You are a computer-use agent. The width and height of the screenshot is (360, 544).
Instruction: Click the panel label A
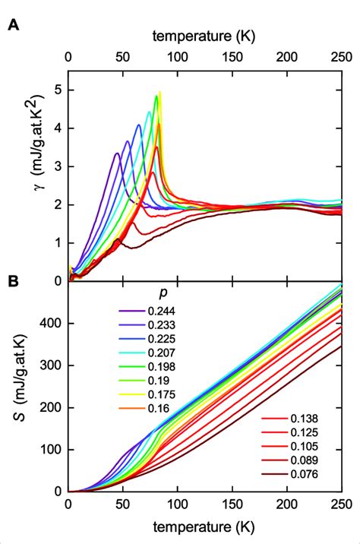[14, 24]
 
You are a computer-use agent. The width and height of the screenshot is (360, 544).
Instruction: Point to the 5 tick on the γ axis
[58, 90]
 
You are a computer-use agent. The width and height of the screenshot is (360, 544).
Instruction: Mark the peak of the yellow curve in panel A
[160, 92]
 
